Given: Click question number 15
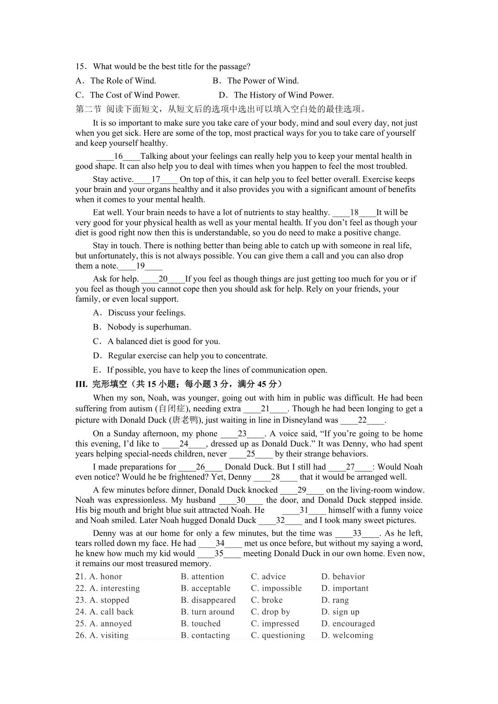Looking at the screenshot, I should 80,67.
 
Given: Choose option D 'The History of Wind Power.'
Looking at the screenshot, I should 276,95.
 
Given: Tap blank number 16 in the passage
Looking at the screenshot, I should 118,156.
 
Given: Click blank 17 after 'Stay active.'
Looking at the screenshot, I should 156,180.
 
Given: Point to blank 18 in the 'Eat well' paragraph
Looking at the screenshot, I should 354,213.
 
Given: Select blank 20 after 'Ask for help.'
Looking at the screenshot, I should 163,279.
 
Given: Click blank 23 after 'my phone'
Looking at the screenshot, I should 242,434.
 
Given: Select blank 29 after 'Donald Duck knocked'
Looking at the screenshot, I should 302,490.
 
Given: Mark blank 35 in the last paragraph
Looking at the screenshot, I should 219,554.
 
